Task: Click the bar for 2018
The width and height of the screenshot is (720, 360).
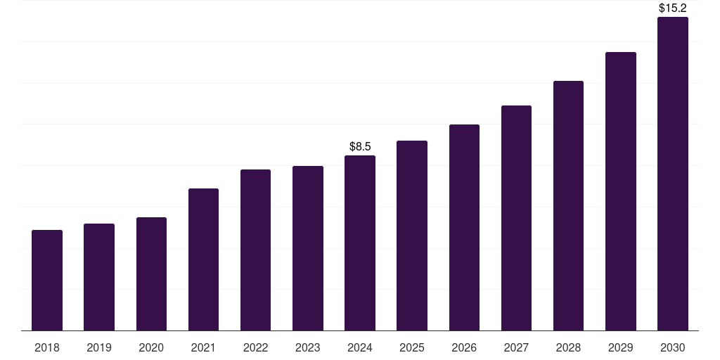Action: click(x=47, y=280)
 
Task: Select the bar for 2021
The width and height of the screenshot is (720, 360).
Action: click(x=203, y=259)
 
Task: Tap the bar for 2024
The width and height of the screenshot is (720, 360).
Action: click(x=360, y=243)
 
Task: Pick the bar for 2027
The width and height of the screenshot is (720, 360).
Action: click(x=516, y=218)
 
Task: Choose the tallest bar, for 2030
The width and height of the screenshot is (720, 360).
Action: click(x=673, y=174)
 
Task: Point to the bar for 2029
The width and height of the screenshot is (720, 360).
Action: click(x=621, y=191)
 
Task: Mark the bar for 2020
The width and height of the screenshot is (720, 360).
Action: click(x=152, y=274)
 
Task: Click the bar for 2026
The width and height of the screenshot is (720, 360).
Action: click(x=464, y=228)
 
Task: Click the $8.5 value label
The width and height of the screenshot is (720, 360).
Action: click(x=360, y=146)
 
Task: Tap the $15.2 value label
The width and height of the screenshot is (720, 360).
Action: click(x=673, y=8)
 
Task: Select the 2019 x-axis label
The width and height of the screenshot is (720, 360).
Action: click(x=99, y=348)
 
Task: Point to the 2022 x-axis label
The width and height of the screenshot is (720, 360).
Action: click(x=255, y=348)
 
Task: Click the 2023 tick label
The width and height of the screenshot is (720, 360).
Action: click(x=308, y=348)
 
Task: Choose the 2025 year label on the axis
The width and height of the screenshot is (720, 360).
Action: click(x=412, y=348)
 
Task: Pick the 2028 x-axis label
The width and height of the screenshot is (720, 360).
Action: click(x=568, y=348)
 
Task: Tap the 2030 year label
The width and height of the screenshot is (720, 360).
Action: click(x=673, y=348)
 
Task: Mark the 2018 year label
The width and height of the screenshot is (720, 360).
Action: click(x=47, y=348)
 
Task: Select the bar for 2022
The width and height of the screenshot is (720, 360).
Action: click(x=255, y=250)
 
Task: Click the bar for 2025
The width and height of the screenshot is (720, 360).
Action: click(x=412, y=236)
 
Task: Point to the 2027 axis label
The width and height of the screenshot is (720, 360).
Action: click(x=516, y=348)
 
